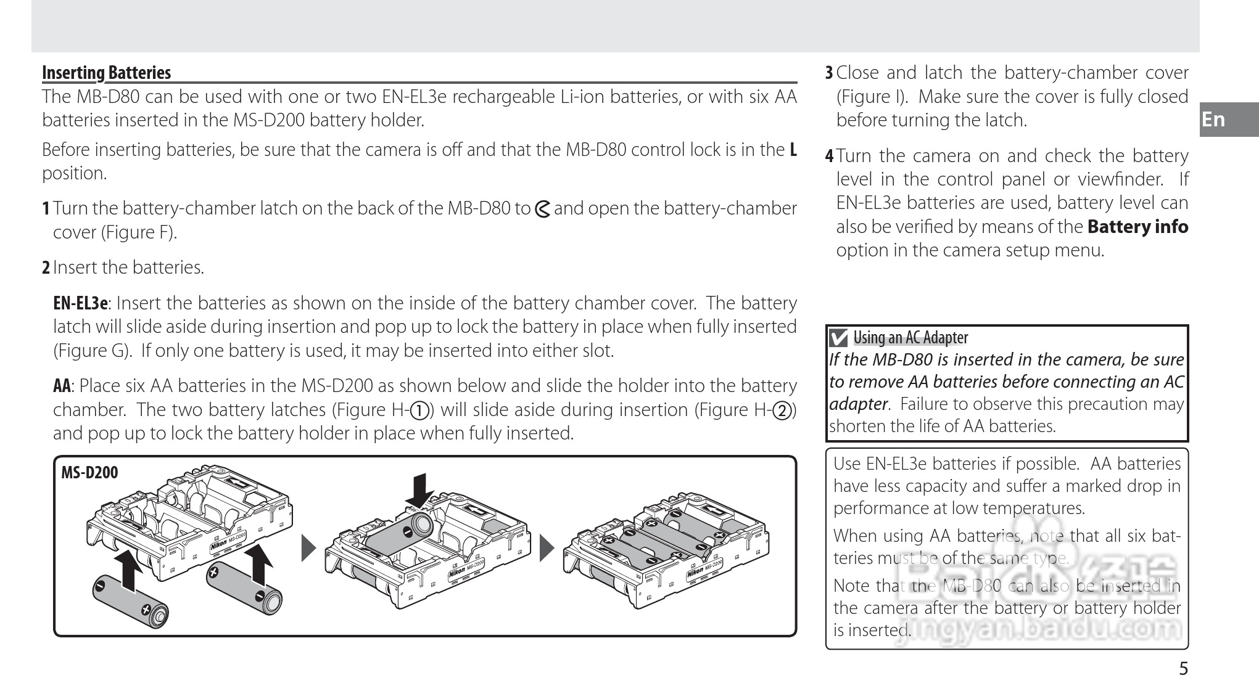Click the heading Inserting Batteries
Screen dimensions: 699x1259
(106, 73)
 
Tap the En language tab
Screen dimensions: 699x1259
(1213, 119)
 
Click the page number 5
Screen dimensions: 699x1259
(1183, 669)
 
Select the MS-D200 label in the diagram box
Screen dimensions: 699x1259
(89, 473)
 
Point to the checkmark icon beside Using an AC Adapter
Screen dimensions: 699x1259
(839, 338)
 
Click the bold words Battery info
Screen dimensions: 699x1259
(1137, 227)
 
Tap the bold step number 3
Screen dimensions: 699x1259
(829, 73)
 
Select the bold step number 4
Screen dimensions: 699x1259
(829, 156)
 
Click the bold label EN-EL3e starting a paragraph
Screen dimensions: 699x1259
(80, 303)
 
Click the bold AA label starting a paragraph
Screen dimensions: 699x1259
(62, 386)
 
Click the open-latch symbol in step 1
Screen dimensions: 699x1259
(542, 210)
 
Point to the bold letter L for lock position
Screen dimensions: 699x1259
(793, 150)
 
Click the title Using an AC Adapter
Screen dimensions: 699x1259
(910, 338)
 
